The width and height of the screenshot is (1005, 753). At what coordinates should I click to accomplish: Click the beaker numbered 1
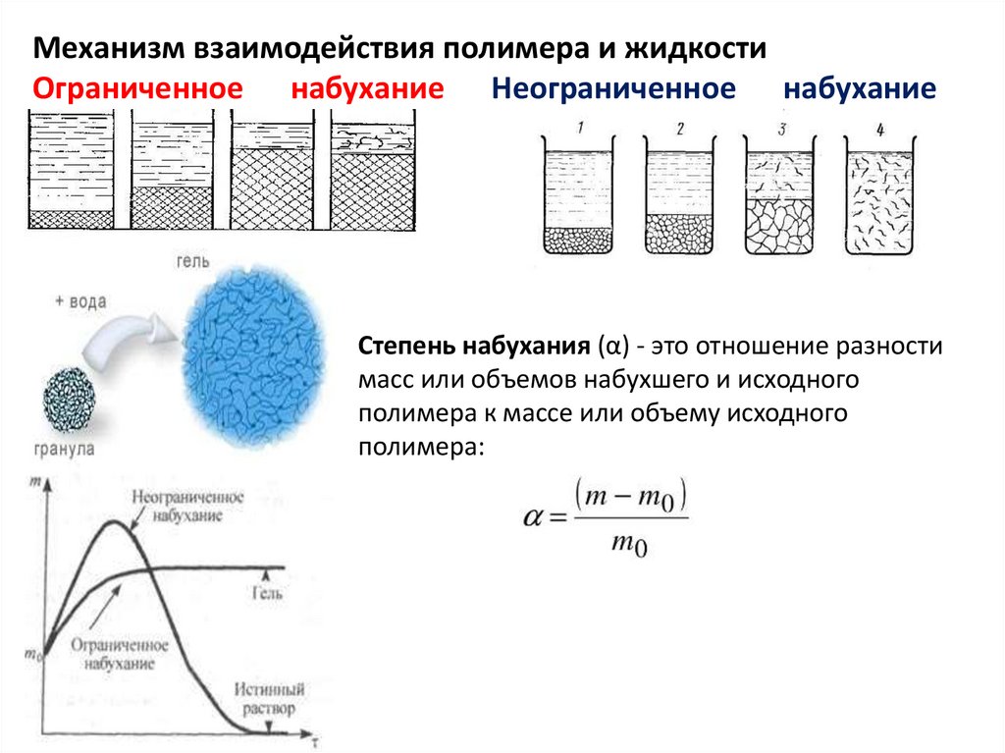click(x=578, y=200)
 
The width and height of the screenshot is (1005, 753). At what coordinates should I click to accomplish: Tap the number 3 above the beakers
click(x=781, y=129)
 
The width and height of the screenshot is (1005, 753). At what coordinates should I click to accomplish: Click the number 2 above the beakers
click(x=679, y=129)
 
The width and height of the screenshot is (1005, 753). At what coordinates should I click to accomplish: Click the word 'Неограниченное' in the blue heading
click(x=613, y=89)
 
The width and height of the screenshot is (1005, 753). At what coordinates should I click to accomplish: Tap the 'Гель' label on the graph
click(x=267, y=593)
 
